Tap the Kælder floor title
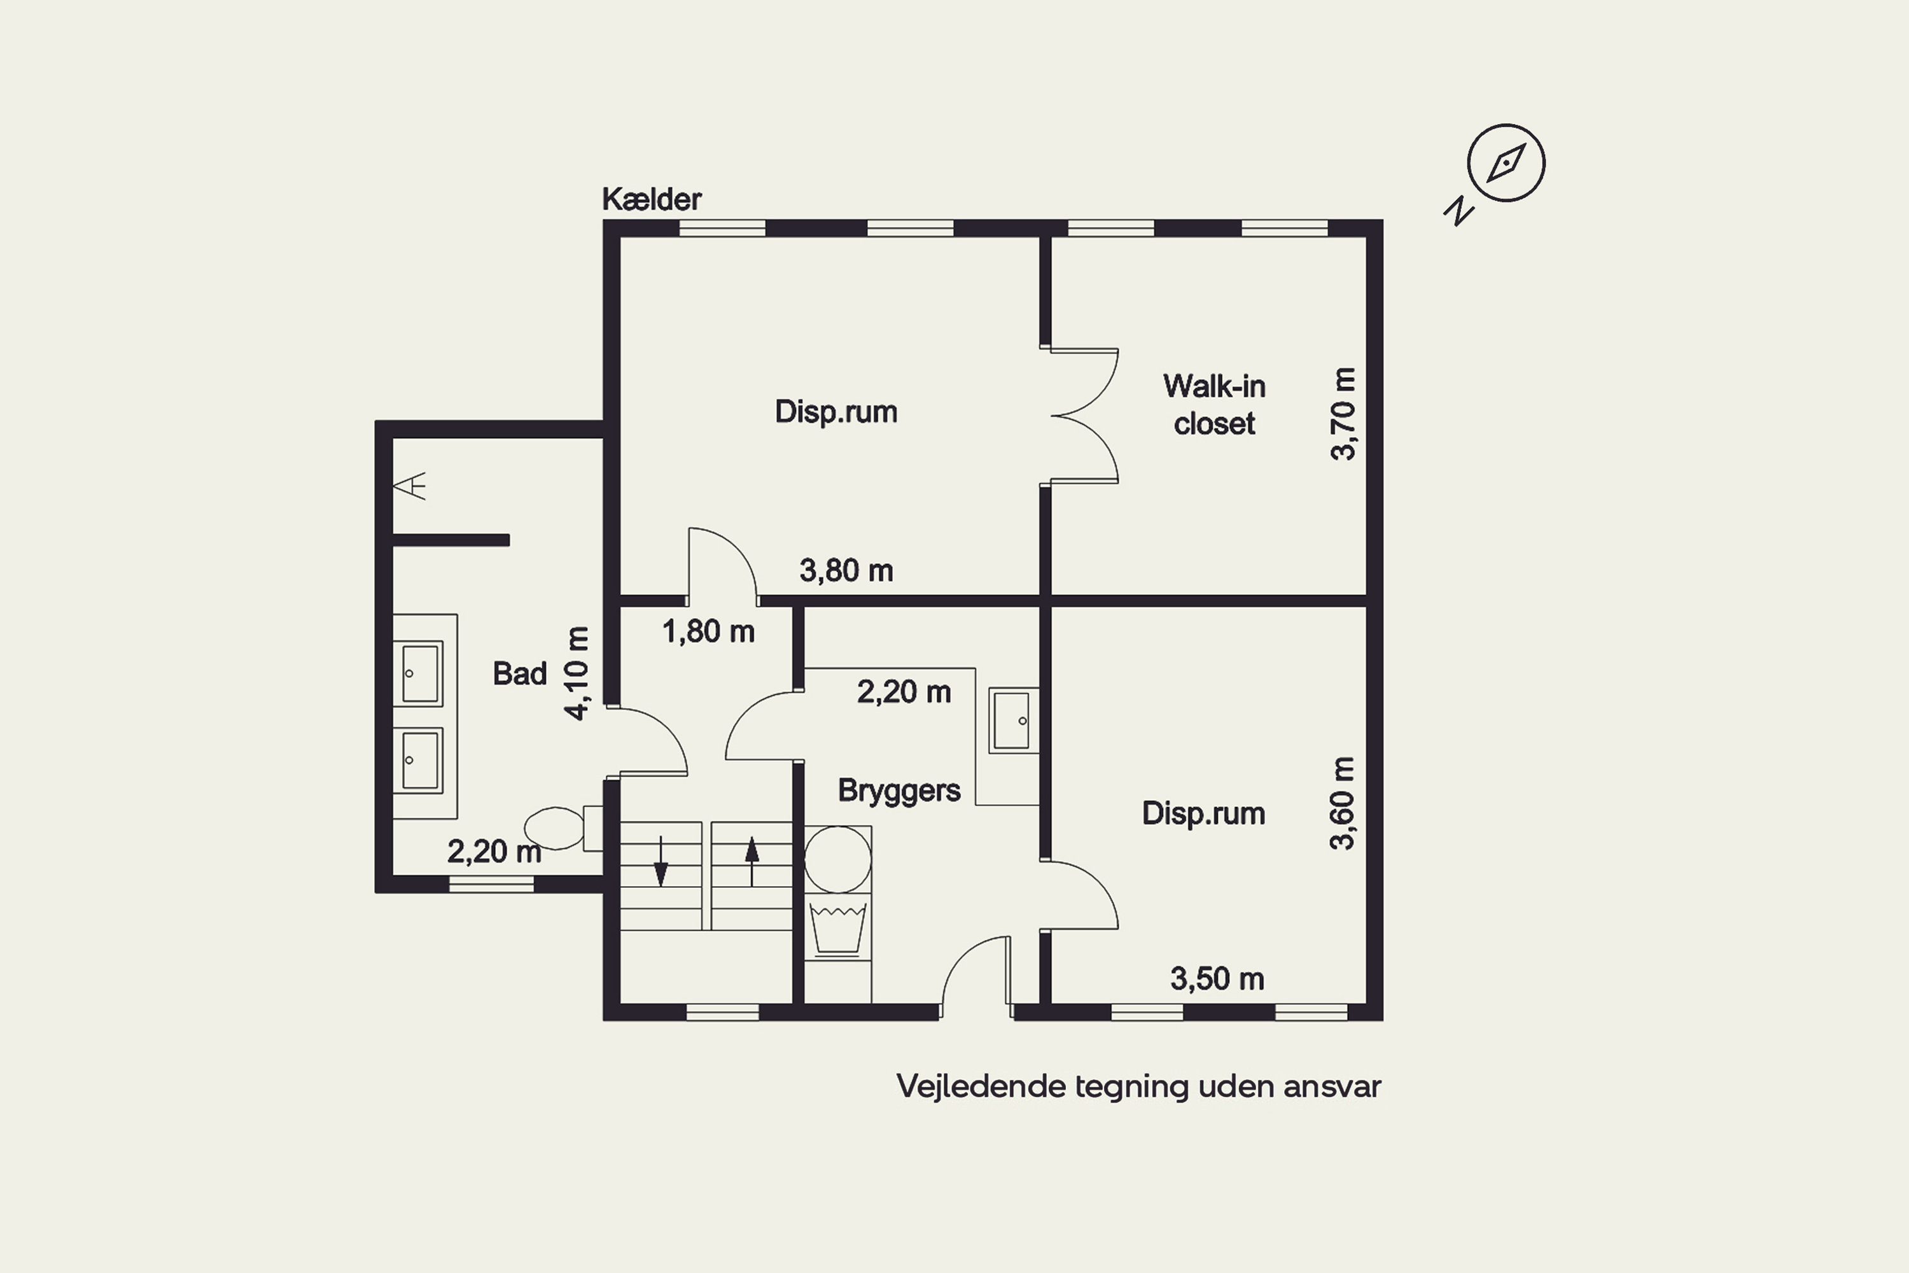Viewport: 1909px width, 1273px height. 652,199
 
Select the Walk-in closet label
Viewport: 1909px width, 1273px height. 1214,404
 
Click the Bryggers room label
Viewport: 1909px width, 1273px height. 899,791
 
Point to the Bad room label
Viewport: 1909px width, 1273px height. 519,673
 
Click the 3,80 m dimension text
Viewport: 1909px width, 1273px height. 846,571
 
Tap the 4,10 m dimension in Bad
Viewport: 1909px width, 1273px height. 577,673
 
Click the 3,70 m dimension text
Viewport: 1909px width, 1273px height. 1343,414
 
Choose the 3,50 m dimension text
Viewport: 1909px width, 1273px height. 1217,979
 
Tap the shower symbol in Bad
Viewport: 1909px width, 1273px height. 410,486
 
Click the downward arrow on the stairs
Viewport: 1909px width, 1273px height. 661,861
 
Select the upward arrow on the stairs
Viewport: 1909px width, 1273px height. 752,861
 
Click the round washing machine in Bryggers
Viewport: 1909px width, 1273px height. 837,859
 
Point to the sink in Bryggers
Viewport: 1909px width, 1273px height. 1014,720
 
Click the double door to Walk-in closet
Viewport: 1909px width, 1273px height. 1084,416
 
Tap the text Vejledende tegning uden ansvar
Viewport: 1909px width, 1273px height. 1139,1087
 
